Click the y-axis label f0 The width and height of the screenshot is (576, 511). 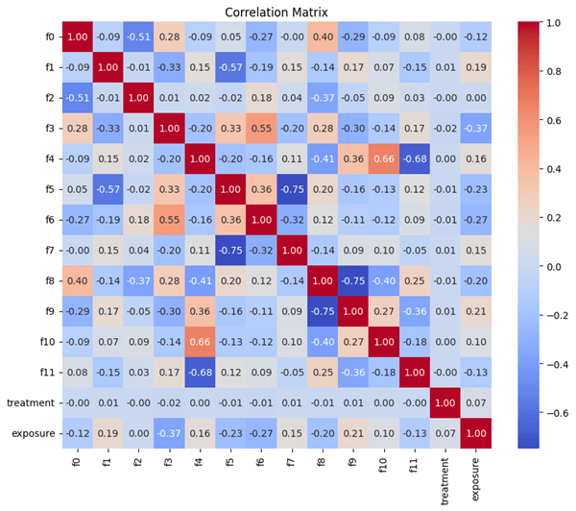pos(51,37)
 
